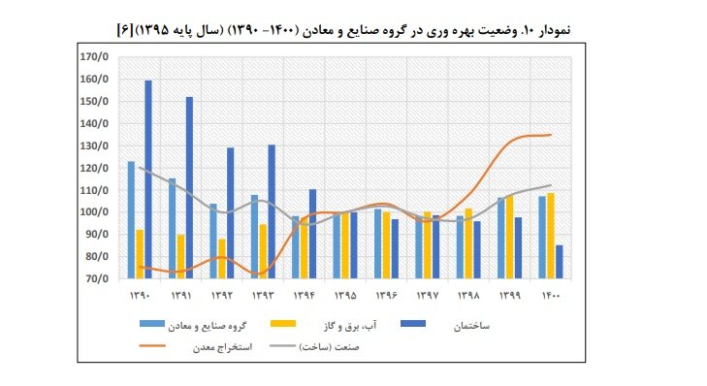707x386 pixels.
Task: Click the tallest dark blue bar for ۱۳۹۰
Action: (x=148, y=179)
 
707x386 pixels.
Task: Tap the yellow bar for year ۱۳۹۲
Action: (x=221, y=258)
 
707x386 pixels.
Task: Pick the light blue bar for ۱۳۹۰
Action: (x=131, y=219)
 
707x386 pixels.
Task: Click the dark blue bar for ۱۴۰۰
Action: (x=558, y=262)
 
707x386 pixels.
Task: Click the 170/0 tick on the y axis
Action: (x=93, y=57)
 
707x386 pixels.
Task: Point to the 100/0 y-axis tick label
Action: (x=93, y=212)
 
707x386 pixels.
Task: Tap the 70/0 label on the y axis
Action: (x=95, y=279)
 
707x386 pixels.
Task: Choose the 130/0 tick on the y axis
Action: (x=93, y=145)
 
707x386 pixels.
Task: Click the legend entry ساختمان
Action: (x=473, y=327)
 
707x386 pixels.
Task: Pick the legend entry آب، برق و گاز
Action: (x=336, y=327)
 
